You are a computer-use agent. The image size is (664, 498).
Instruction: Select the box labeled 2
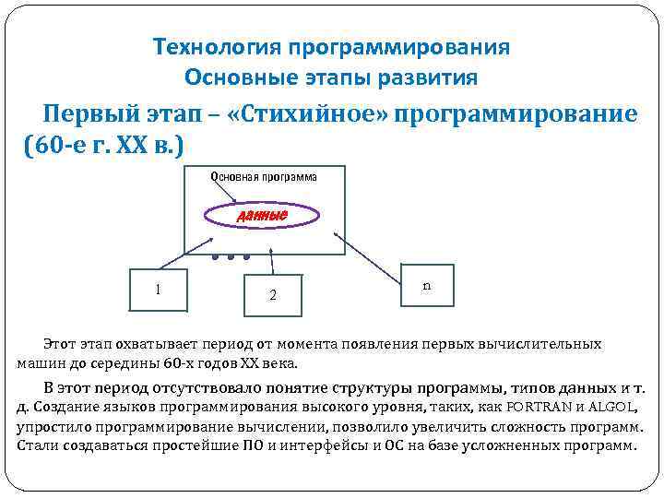[x=271, y=295]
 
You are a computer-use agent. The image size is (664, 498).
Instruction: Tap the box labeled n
[x=426, y=286]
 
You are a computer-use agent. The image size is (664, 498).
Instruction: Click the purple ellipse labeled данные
[x=262, y=215]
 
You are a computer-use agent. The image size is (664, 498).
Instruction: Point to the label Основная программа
[x=263, y=176]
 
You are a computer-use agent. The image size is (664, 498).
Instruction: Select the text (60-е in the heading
[x=59, y=146]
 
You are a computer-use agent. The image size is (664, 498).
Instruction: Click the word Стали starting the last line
[x=37, y=445]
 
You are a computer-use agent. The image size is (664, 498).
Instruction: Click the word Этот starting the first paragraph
[x=62, y=343]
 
